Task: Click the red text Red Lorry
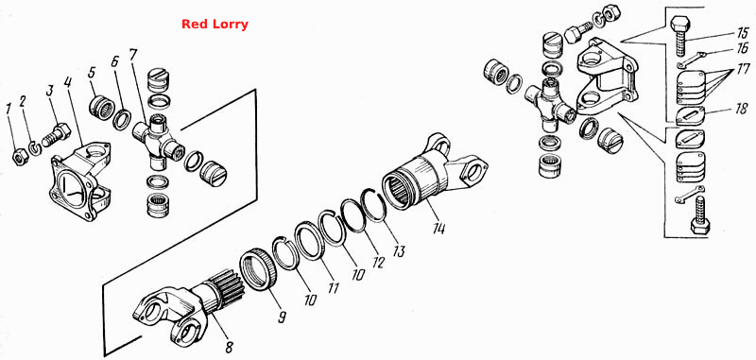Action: click(x=215, y=25)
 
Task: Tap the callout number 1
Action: click(x=8, y=110)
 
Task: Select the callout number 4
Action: click(x=68, y=82)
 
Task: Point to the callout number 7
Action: click(x=133, y=55)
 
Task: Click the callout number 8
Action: click(x=229, y=346)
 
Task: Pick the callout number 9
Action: click(x=282, y=317)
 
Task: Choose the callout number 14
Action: click(x=438, y=228)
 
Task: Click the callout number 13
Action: click(x=398, y=251)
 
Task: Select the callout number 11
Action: click(x=333, y=288)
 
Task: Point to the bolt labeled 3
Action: click(x=56, y=135)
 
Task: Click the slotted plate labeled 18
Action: click(x=691, y=116)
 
